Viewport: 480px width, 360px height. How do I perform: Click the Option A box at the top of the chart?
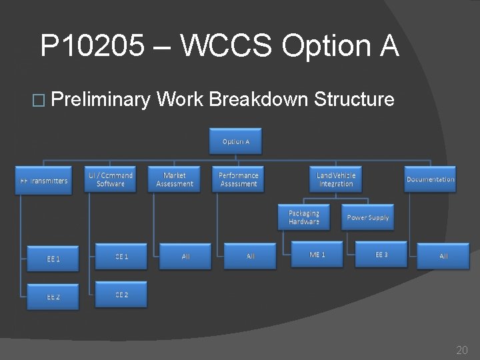pos(236,141)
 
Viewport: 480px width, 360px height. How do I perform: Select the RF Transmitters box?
pos(43,180)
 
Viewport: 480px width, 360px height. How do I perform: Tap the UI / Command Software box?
pos(111,179)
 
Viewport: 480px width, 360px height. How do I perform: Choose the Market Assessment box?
pos(175,179)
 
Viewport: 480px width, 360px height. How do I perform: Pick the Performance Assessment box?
pos(239,179)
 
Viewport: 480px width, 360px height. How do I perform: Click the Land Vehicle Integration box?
pos(336,179)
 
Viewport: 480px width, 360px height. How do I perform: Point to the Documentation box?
pos(431,179)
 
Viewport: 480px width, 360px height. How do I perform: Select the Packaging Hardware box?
pos(304,217)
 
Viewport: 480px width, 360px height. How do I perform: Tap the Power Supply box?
pos(368,217)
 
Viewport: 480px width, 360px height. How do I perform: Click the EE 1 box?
pos(53,259)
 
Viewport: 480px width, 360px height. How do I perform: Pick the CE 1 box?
pos(121,256)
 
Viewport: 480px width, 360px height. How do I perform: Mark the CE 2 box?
pos(121,294)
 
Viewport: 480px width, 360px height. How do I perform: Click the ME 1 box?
pos(317,255)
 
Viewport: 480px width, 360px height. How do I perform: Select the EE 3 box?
pos(381,255)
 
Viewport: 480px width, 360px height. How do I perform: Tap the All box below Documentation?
pos(443,256)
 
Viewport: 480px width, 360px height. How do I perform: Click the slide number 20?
pos(461,349)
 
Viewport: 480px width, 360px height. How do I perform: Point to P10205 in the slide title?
pos(91,47)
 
